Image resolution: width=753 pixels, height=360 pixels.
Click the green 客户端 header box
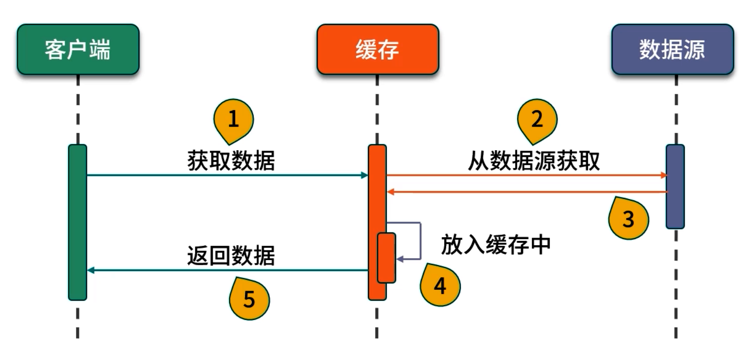[78, 49]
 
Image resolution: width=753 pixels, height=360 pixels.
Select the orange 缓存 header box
[377, 49]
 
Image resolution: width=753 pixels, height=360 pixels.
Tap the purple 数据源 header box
[672, 49]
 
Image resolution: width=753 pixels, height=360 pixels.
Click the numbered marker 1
[233, 120]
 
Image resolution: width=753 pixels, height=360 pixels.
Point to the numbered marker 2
[537, 120]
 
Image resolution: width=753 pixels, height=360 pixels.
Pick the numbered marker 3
[628, 219]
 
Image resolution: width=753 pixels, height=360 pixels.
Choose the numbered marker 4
[440, 285]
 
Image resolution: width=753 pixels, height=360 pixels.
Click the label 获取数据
[231, 161]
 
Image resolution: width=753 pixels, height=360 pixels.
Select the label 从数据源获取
[533, 161]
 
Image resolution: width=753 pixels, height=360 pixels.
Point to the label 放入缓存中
[495, 245]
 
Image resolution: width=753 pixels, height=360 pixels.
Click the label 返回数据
[231, 256]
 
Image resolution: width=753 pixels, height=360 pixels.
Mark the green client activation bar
[77, 222]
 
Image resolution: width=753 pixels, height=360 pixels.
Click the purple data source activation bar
[675, 186]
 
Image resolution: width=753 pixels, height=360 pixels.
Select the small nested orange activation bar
[387, 258]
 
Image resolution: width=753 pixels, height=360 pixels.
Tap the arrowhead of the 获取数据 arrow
[365, 175]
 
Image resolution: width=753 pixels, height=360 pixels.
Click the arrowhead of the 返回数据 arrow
[90, 271]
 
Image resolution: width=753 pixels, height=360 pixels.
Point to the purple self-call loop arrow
[420, 241]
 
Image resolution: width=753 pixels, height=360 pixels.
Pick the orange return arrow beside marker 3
[526, 192]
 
